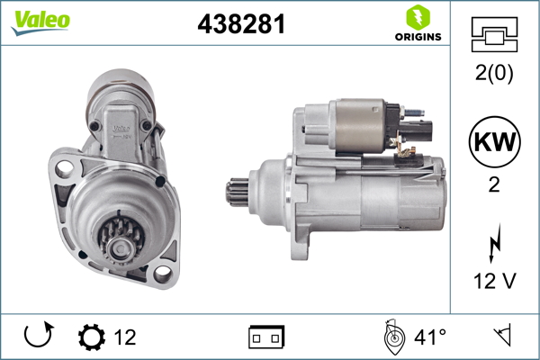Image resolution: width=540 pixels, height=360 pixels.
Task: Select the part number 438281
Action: [241, 25]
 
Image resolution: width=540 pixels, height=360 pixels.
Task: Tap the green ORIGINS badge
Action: [417, 24]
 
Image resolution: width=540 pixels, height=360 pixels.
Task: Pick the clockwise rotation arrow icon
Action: [37, 337]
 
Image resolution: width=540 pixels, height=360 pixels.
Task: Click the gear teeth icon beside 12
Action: [91, 337]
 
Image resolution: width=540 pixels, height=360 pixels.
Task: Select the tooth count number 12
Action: [125, 337]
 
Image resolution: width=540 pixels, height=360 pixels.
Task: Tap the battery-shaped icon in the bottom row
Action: [266, 338]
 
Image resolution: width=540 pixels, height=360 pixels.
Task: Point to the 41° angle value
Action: [429, 337]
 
